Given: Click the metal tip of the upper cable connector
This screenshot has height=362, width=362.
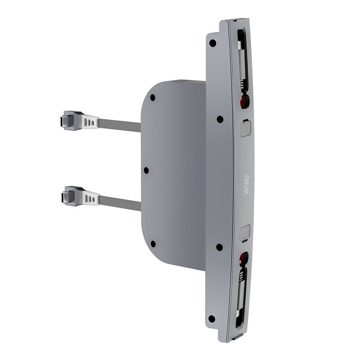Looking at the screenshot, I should click(x=64, y=120).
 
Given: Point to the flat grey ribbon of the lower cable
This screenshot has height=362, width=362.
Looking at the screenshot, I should click(x=119, y=202).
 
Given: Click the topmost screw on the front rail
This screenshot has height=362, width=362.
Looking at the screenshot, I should click(x=212, y=43).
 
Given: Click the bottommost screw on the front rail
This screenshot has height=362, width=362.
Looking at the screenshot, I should click(x=212, y=319).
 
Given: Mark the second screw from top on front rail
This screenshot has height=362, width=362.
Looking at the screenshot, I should click(x=220, y=119).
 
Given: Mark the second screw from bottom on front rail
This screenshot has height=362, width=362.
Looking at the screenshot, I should click(x=219, y=247).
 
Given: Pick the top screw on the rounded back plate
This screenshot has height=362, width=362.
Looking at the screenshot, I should click(x=153, y=97).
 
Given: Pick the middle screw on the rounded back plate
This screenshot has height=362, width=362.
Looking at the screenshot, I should click(x=146, y=170).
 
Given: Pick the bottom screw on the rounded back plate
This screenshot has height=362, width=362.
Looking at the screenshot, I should click(x=153, y=244).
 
